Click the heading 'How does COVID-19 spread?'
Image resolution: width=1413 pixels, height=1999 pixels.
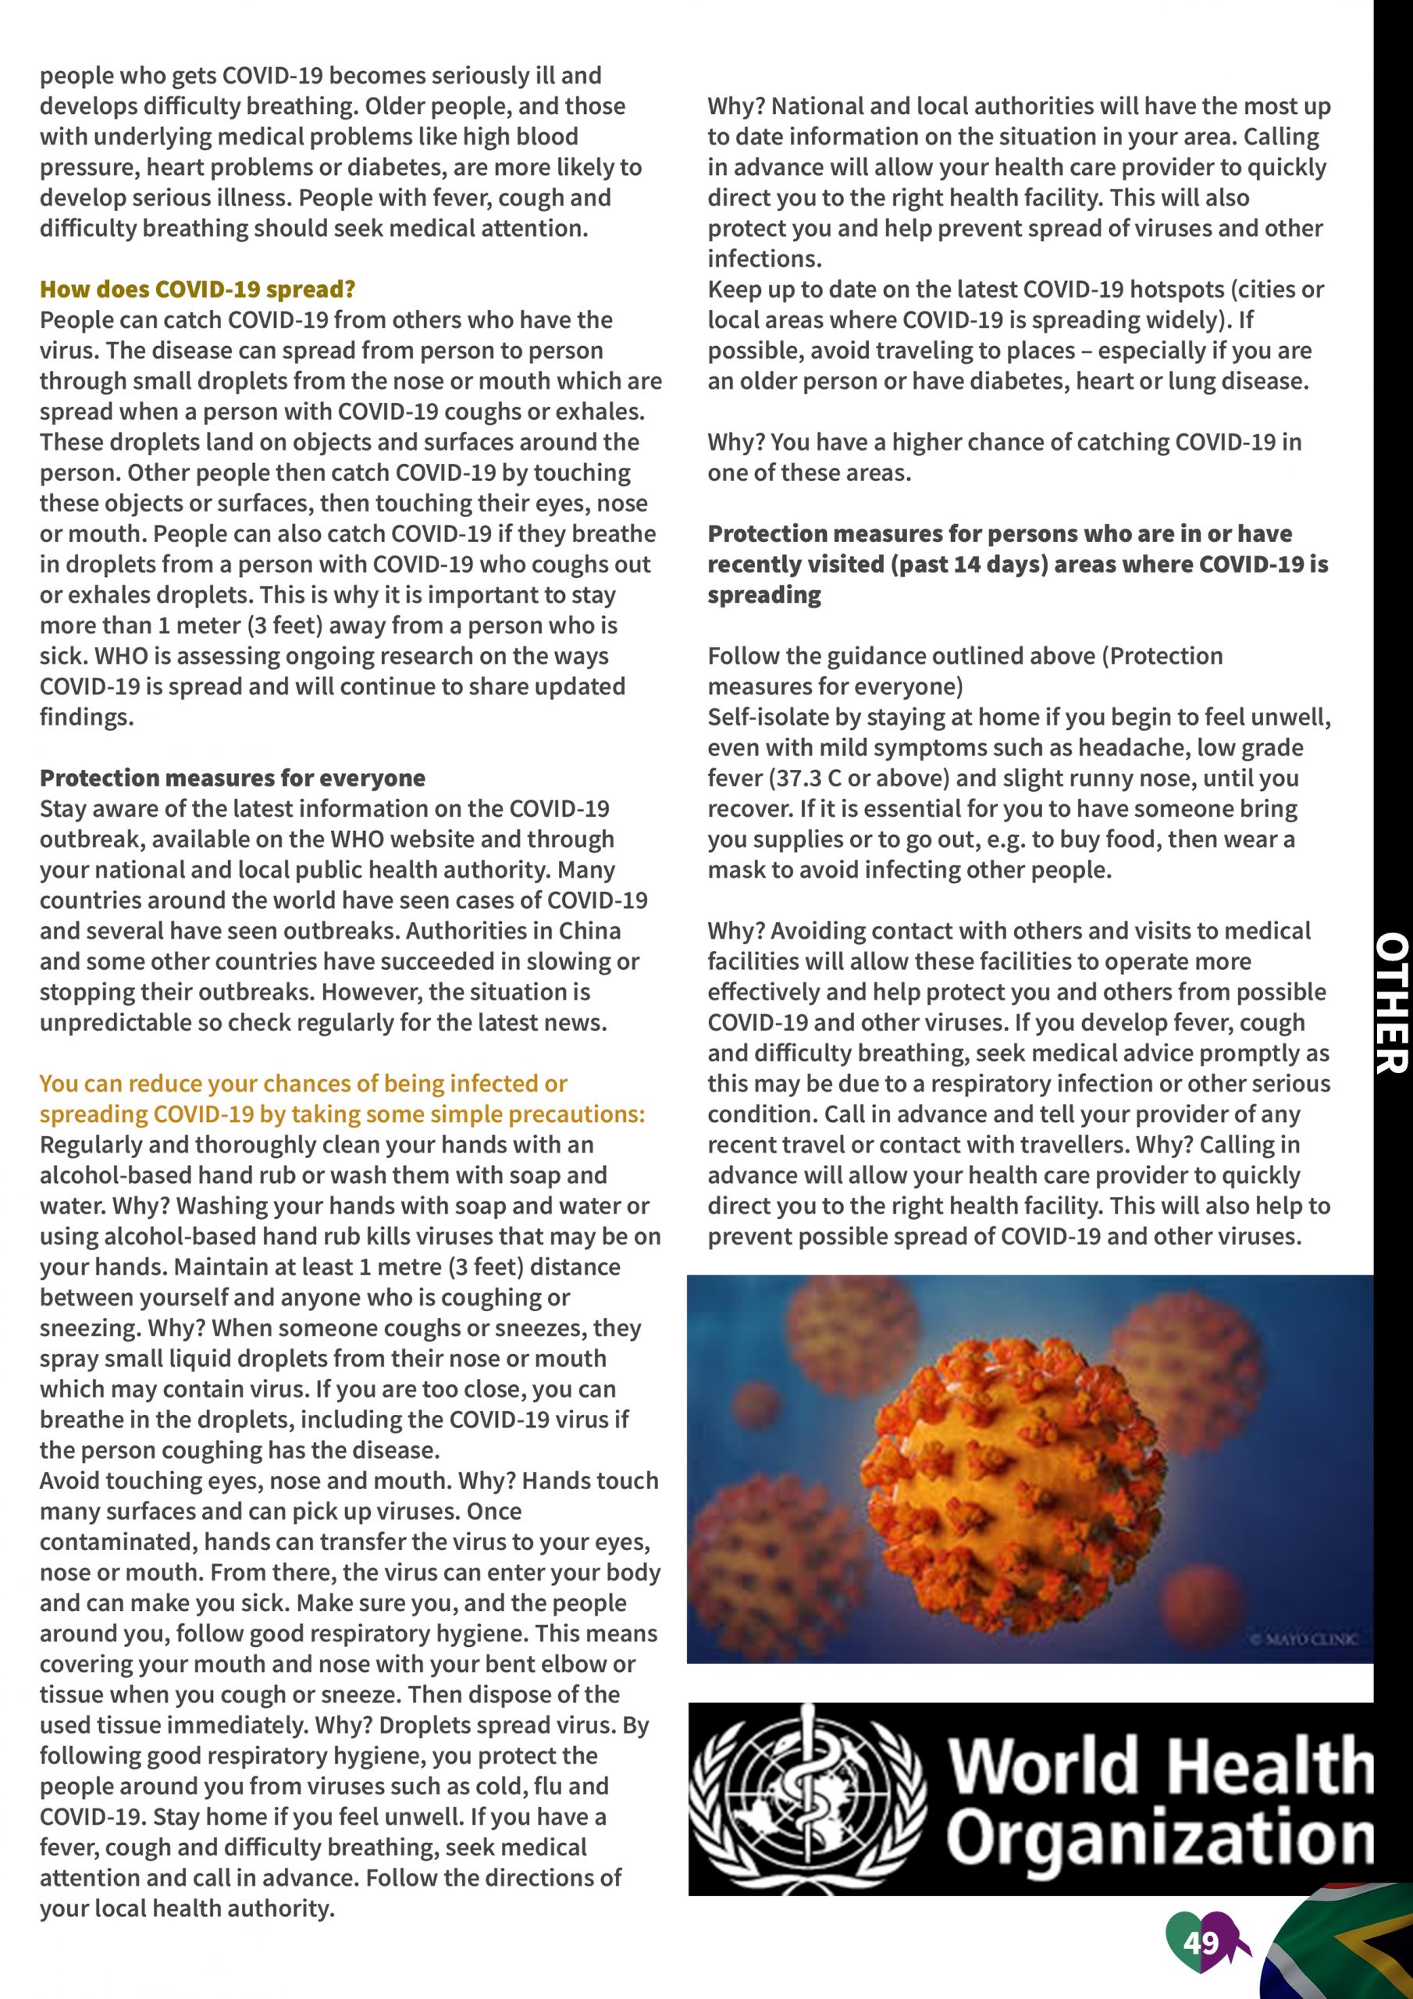198,289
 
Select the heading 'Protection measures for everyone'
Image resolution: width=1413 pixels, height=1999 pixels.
233,778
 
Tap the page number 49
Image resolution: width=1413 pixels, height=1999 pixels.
1201,1943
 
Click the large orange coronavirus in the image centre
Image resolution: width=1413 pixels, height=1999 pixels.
1010,1471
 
